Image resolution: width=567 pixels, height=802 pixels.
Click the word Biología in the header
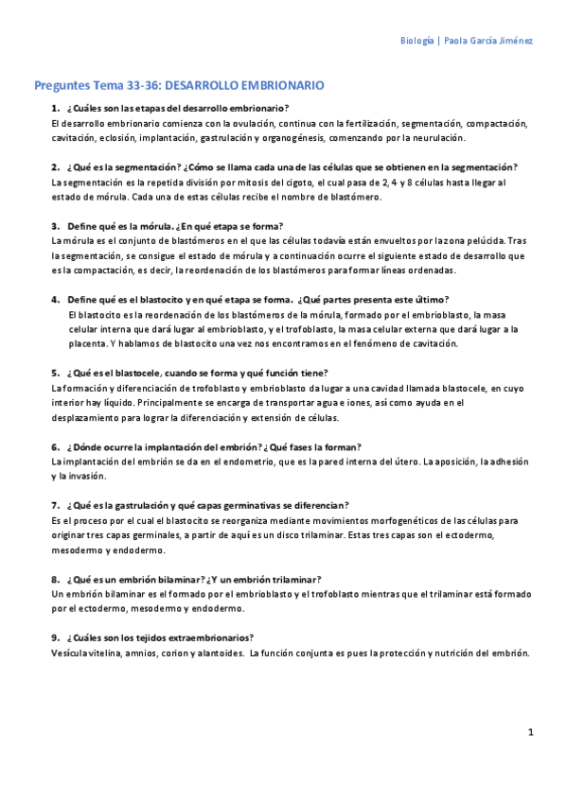click(x=417, y=41)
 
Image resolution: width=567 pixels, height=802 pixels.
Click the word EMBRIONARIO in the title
click(x=275, y=85)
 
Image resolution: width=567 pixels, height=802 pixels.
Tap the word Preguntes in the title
click(x=62, y=85)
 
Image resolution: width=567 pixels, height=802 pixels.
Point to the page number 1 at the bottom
click(x=531, y=732)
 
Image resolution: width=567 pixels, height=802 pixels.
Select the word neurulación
click(x=437, y=137)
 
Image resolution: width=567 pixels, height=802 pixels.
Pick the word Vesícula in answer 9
click(x=72, y=654)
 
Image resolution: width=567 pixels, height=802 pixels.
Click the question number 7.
click(x=56, y=505)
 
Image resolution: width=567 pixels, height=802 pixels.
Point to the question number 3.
click(x=56, y=226)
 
